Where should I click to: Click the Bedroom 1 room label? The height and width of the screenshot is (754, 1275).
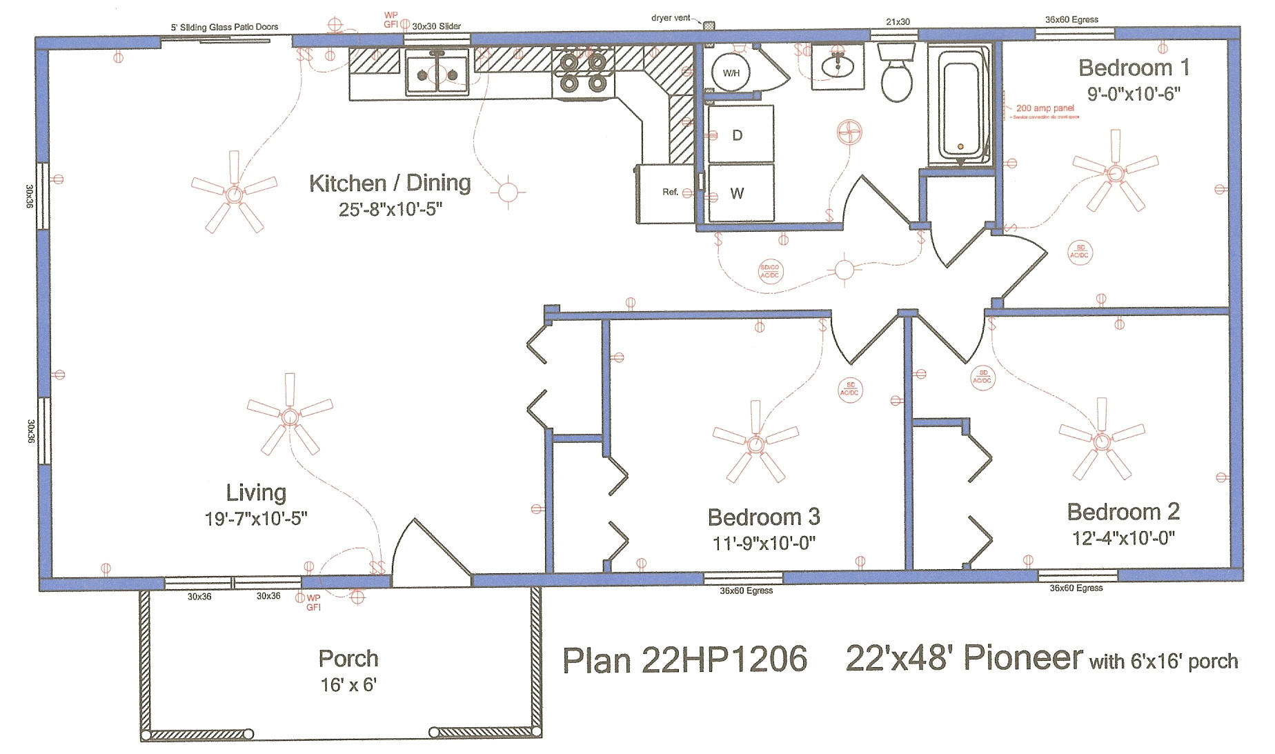tap(1134, 68)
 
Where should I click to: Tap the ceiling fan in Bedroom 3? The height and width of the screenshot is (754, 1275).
tap(755, 442)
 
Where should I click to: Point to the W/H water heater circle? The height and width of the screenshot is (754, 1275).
tap(731, 72)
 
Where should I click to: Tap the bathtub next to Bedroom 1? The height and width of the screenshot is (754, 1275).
tap(960, 107)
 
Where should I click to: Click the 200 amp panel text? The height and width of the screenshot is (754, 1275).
tap(1045, 108)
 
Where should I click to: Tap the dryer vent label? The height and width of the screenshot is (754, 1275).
tap(670, 18)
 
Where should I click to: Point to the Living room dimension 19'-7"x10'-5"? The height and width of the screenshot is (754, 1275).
tap(256, 519)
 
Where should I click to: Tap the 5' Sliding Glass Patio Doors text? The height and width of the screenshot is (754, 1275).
tap(224, 28)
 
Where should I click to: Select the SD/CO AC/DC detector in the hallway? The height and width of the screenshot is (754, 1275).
tap(769, 271)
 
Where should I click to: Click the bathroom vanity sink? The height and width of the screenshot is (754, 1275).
tap(838, 65)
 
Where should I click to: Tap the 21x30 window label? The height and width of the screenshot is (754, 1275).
tap(898, 22)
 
